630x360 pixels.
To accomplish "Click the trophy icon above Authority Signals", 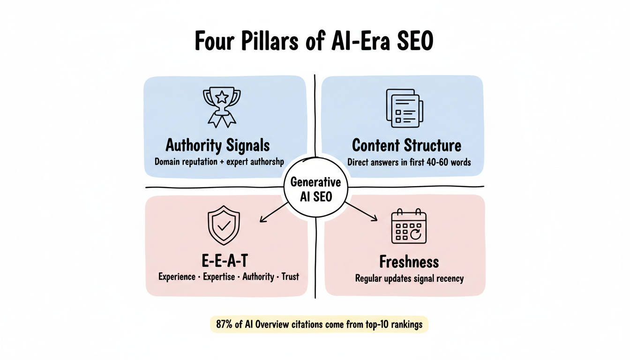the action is click(221, 107).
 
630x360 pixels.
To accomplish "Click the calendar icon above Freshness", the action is click(409, 227).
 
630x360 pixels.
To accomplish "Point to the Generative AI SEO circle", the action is click(316, 189).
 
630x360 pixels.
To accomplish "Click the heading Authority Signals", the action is click(218, 145).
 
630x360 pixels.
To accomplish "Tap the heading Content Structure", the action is click(406, 145).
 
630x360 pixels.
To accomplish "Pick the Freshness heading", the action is click(409, 261).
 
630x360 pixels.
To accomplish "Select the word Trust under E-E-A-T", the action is click(290, 277).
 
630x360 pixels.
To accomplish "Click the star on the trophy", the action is click(222, 97).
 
